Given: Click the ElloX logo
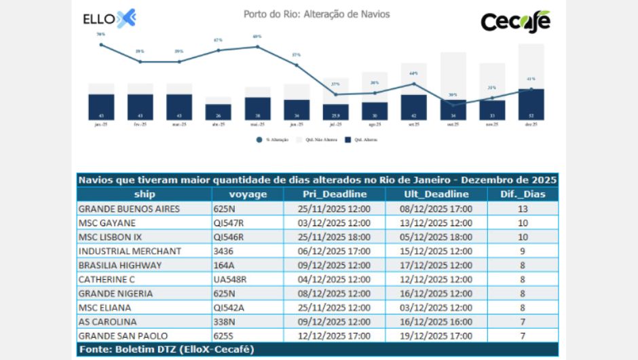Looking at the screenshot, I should pyautogui.click(x=109, y=19).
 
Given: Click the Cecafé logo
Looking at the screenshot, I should pyautogui.click(x=515, y=21).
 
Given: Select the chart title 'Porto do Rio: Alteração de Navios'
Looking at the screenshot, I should pyautogui.click(x=316, y=14).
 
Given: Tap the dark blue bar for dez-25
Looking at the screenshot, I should pyautogui.click(x=531, y=105).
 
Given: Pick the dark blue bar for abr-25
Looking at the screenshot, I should pyautogui.click(x=219, y=112).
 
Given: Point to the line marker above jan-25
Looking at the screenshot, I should pyautogui.click(x=101, y=45).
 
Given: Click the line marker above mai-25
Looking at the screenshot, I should pyautogui.click(x=257, y=47).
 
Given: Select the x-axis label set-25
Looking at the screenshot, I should pyautogui.click(x=413, y=125).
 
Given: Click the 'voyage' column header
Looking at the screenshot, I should pyautogui.click(x=248, y=194).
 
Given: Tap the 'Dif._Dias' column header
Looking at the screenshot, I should pyautogui.click(x=523, y=194).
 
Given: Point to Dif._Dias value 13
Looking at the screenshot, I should pyautogui.click(x=523, y=209).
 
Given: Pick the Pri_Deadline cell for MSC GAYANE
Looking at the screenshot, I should pyautogui.click(x=334, y=223).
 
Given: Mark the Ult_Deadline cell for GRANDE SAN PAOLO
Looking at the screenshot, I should pyautogui.click(x=436, y=336).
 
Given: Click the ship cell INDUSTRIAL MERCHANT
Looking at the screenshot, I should pyautogui.click(x=130, y=251).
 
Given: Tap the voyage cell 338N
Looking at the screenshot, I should pyautogui.click(x=224, y=321).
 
